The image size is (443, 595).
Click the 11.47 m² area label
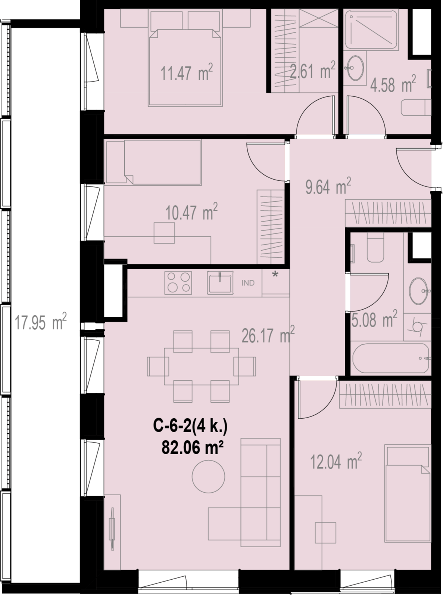187,72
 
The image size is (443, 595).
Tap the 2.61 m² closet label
313,70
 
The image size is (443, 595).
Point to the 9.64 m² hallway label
328,186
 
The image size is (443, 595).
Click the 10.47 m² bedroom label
191,212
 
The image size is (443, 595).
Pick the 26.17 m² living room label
268,335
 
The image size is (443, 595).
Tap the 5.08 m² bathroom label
374,319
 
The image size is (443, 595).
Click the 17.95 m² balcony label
40,322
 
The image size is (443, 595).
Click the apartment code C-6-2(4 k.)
190,426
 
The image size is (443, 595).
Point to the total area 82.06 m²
192,447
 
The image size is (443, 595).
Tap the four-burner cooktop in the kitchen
178,283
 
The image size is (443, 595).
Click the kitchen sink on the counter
220,283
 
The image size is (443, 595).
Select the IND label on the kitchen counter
248,283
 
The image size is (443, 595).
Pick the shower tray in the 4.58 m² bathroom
371,30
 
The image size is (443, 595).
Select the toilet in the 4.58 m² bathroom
416,108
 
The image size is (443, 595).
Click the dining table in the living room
202,366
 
